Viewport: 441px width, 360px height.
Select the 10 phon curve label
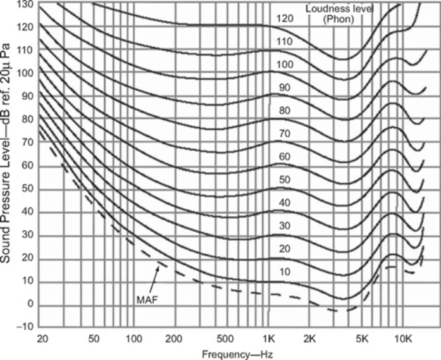click(284, 272)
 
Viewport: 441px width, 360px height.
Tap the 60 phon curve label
click(284, 156)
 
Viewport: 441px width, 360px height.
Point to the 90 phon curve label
click(284, 88)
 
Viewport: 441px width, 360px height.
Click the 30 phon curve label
click(284, 226)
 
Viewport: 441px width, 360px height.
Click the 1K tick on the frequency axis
click(270, 338)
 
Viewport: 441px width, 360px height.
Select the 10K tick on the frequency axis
click(404, 338)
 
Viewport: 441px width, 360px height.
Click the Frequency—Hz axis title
click(237, 354)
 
